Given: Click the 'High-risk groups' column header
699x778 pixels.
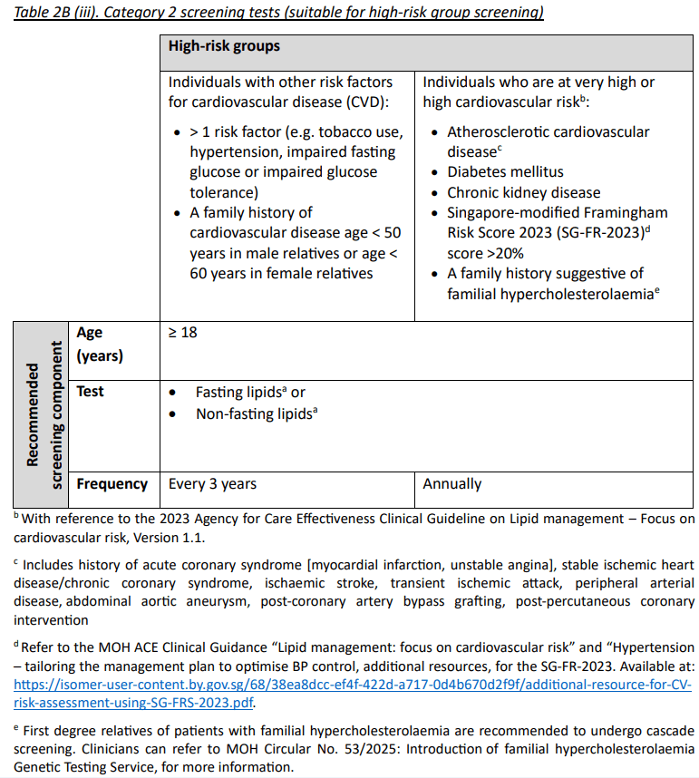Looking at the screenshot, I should click(x=224, y=46).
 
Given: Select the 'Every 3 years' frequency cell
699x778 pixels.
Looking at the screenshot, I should click(x=212, y=484).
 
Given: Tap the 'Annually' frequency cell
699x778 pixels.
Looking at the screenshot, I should click(x=451, y=484).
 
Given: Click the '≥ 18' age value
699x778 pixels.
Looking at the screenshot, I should click(x=182, y=333).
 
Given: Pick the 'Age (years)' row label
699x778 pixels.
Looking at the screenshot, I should click(x=99, y=344).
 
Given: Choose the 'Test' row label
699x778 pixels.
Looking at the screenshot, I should click(x=90, y=392).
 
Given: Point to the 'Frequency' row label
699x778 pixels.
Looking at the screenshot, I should click(x=112, y=484).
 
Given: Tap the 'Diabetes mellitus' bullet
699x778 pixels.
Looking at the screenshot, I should click(x=505, y=171).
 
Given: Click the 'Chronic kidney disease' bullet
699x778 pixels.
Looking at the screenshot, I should click(x=523, y=192).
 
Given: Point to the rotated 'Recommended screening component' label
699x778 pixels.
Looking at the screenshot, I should click(x=43, y=414).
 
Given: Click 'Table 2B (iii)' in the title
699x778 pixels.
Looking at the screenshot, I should click(x=63, y=12).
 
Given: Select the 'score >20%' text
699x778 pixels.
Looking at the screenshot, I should click(x=485, y=253).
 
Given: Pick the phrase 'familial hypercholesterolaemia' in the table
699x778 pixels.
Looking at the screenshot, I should click(x=545, y=294).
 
